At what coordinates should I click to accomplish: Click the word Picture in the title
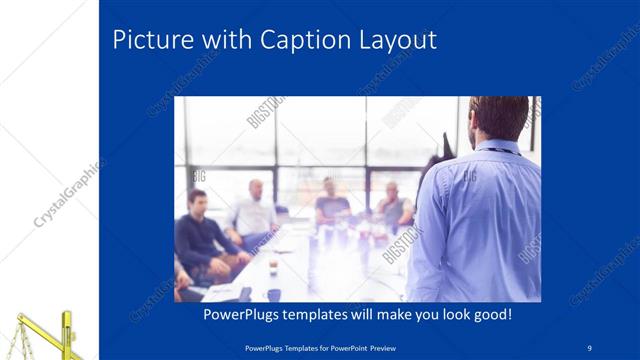coord(151,40)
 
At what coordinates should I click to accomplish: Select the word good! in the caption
coord(489,314)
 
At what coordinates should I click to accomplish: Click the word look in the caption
coord(445,314)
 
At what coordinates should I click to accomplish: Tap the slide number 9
coord(590,347)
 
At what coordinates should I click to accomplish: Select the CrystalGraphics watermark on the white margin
coord(68,194)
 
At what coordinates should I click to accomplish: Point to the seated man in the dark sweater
coord(200,235)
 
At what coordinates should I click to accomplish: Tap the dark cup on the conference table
coord(273,294)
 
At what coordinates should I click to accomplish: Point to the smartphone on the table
coord(244,293)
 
